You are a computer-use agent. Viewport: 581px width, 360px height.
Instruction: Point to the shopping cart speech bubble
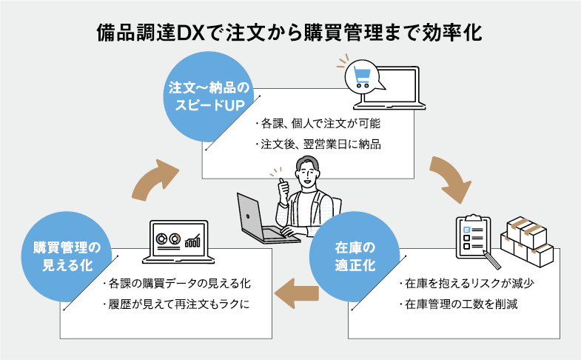[363, 75]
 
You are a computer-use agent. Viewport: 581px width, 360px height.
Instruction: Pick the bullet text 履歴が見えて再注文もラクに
[176, 304]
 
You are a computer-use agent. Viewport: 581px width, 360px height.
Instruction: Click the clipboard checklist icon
[474, 236]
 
